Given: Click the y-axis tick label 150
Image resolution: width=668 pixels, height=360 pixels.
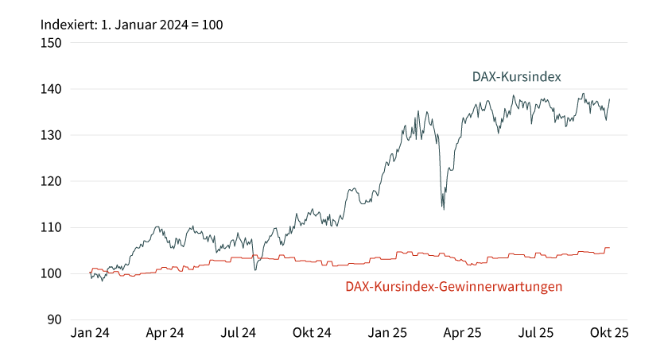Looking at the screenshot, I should (x=52, y=43).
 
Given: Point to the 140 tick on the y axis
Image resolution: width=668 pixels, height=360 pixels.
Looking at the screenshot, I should (x=52, y=89).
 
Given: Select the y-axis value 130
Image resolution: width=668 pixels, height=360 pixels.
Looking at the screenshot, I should (x=52, y=135).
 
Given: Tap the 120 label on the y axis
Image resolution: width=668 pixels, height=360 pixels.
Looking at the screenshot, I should (x=52, y=181).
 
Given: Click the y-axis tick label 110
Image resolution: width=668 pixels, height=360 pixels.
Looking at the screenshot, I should (x=52, y=227).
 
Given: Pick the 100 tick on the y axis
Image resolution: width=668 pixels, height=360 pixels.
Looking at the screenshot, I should (x=52, y=273).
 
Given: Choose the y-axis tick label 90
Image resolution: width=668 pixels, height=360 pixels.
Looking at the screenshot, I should (x=55, y=319).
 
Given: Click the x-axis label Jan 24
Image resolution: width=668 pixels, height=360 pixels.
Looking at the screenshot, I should (x=90, y=334).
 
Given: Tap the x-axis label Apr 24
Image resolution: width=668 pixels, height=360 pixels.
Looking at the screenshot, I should (x=165, y=334).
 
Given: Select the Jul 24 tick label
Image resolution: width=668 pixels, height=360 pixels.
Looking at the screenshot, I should (x=239, y=334).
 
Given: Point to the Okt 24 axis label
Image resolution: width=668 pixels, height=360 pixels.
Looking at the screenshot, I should (x=313, y=334).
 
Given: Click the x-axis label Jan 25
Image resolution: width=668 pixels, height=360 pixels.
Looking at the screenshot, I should (x=387, y=334).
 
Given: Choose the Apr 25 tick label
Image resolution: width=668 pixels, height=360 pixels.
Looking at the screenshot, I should (x=462, y=334).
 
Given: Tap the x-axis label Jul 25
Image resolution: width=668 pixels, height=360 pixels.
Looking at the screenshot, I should (x=536, y=334).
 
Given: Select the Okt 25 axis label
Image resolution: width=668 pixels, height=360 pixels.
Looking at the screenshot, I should (x=609, y=334).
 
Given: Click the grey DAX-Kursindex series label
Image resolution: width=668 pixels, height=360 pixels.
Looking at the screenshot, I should (x=517, y=77).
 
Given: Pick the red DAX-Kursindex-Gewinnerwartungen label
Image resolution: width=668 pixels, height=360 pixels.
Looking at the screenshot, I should (x=454, y=286).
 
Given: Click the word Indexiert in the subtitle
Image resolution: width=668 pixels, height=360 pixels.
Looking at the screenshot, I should (x=66, y=24).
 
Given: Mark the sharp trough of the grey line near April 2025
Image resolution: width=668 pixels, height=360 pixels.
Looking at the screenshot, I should (x=443, y=209).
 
